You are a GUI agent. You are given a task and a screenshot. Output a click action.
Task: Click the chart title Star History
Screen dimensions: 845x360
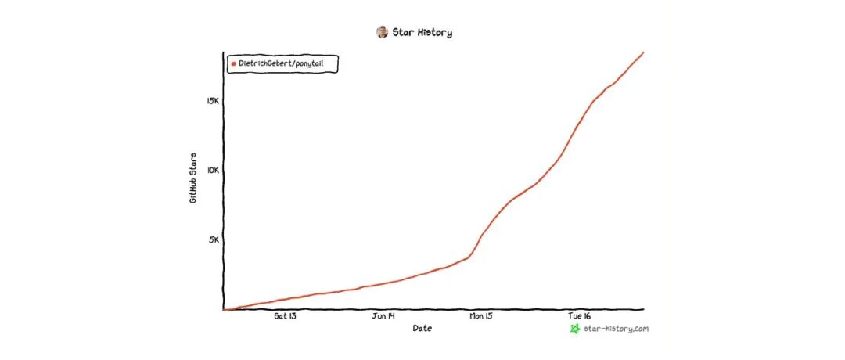[422, 32]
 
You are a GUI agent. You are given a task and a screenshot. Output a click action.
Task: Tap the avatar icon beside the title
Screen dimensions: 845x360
[382, 32]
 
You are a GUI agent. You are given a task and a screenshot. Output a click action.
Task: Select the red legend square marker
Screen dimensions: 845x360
[233, 63]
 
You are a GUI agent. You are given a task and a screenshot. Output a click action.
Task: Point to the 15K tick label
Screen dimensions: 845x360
[212, 101]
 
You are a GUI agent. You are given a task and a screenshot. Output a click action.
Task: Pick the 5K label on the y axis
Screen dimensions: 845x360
[214, 239]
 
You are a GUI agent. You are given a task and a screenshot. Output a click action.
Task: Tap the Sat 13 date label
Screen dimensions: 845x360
[285, 316]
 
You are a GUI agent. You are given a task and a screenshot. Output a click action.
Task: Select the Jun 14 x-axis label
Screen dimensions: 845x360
[383, 316]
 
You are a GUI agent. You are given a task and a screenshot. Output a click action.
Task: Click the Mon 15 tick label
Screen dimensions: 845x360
[480, 316]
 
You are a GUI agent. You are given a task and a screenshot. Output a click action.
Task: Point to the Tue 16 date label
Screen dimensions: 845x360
[579, 316]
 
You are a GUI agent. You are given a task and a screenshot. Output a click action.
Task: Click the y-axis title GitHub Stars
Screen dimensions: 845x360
[193, 178]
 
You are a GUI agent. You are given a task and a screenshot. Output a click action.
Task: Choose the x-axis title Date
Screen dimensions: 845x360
[422, 328]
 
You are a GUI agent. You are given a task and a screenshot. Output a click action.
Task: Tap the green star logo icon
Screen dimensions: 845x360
[575, 329]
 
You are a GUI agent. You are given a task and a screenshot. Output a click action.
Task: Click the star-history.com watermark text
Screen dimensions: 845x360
[616, 329]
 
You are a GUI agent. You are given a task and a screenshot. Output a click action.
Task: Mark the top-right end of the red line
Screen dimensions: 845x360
[643, 52]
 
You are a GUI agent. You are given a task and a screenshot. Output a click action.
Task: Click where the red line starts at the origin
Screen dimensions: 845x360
[224, 310]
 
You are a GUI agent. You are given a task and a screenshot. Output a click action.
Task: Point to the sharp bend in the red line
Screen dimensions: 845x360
[469, 257]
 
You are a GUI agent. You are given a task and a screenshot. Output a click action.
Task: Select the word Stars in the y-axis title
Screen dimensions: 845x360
[193, 164]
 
